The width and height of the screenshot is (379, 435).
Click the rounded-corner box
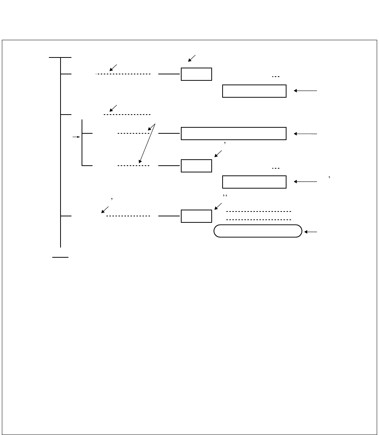(x=258, y=231)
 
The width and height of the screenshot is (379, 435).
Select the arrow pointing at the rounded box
(x=311, y=232)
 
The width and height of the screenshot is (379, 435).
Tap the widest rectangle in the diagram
(x=233, y=133)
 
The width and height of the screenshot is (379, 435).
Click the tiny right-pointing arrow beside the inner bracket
(x=77, y=137)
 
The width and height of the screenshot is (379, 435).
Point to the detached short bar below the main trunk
(x=60, y=257)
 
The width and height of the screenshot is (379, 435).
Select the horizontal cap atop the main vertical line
(x=60, y=57)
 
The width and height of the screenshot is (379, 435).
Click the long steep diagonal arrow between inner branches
(x=147, y=143)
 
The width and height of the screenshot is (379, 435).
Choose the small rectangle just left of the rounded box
(x=196, y=216)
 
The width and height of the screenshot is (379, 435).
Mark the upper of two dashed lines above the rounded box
(x=259, y=211)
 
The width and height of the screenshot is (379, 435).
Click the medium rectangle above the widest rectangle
(x=254, y=91)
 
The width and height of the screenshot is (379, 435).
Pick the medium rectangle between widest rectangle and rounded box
(x=254, y=181)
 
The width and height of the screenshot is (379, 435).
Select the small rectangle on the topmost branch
(x=196, y=74)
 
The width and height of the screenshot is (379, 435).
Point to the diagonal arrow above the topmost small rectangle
(x=192, y=58)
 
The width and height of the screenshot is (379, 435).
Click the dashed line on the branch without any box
(x=127, y=114)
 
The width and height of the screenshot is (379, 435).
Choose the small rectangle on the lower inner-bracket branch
(x=196, y=166)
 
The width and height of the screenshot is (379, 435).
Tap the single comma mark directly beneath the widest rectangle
(x=224, y=143)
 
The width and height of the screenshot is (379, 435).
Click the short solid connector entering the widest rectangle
(x=169, y=133)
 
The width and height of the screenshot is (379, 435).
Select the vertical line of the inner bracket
(x=82, y=143)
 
